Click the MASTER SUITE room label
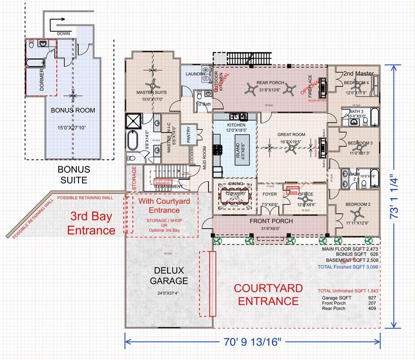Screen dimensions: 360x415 click(x=152, y=93)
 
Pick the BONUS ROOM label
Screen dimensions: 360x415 click(x=72, y=110)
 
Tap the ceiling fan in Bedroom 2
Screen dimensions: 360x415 click(x=357, y=214)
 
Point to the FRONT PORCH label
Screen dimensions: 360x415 click(x=271, y=221)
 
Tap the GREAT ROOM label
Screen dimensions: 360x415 click(x=291, y=135)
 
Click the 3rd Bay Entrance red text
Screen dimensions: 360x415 click(x=93, y=223)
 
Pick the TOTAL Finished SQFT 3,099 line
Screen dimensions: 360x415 click(x=349, y=267)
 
